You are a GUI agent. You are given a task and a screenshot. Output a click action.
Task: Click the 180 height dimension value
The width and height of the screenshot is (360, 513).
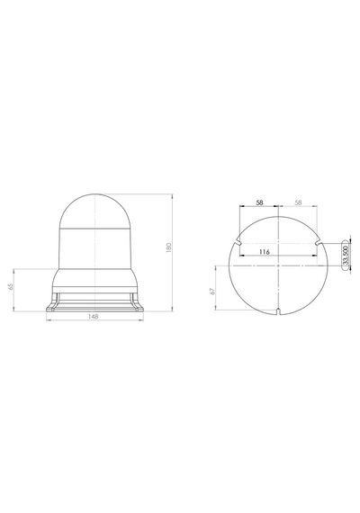[x=169, y=247]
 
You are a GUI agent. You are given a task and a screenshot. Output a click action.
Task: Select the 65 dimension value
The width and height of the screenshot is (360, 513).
[x=11, y=286]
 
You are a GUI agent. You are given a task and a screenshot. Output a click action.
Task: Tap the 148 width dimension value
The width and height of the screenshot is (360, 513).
[x=94, y=317]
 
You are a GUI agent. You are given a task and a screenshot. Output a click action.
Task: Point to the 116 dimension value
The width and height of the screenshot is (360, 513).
[x=264, y=252]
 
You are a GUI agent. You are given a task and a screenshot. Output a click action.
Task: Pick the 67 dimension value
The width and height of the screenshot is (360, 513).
[x=213, y=291]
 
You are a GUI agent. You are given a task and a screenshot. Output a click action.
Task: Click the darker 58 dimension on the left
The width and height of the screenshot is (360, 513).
[x=259, y=202]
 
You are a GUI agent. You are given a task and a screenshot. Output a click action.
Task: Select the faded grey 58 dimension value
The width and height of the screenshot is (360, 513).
[x=298, y=202]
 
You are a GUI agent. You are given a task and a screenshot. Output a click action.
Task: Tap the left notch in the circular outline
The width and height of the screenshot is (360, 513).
[x=238, y=243]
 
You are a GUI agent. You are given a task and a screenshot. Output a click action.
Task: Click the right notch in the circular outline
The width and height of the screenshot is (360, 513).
[x=318, y=243]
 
